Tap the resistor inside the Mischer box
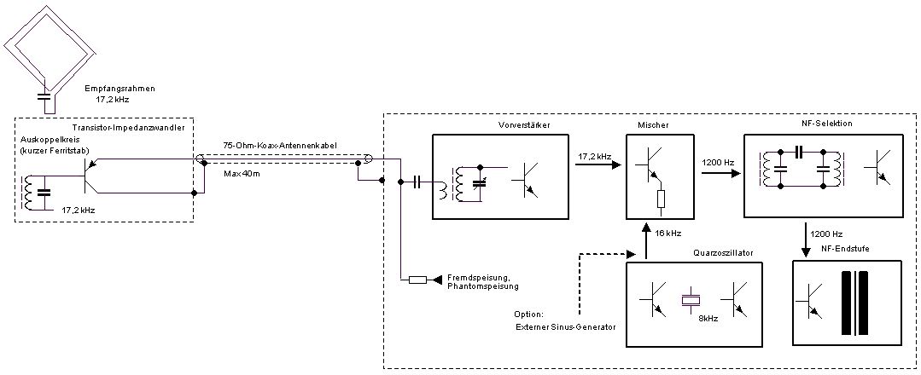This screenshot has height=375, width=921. coord(660,199)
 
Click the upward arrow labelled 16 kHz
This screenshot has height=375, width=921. coord(646,242)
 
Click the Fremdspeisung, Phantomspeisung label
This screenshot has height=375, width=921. coord(482,283)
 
